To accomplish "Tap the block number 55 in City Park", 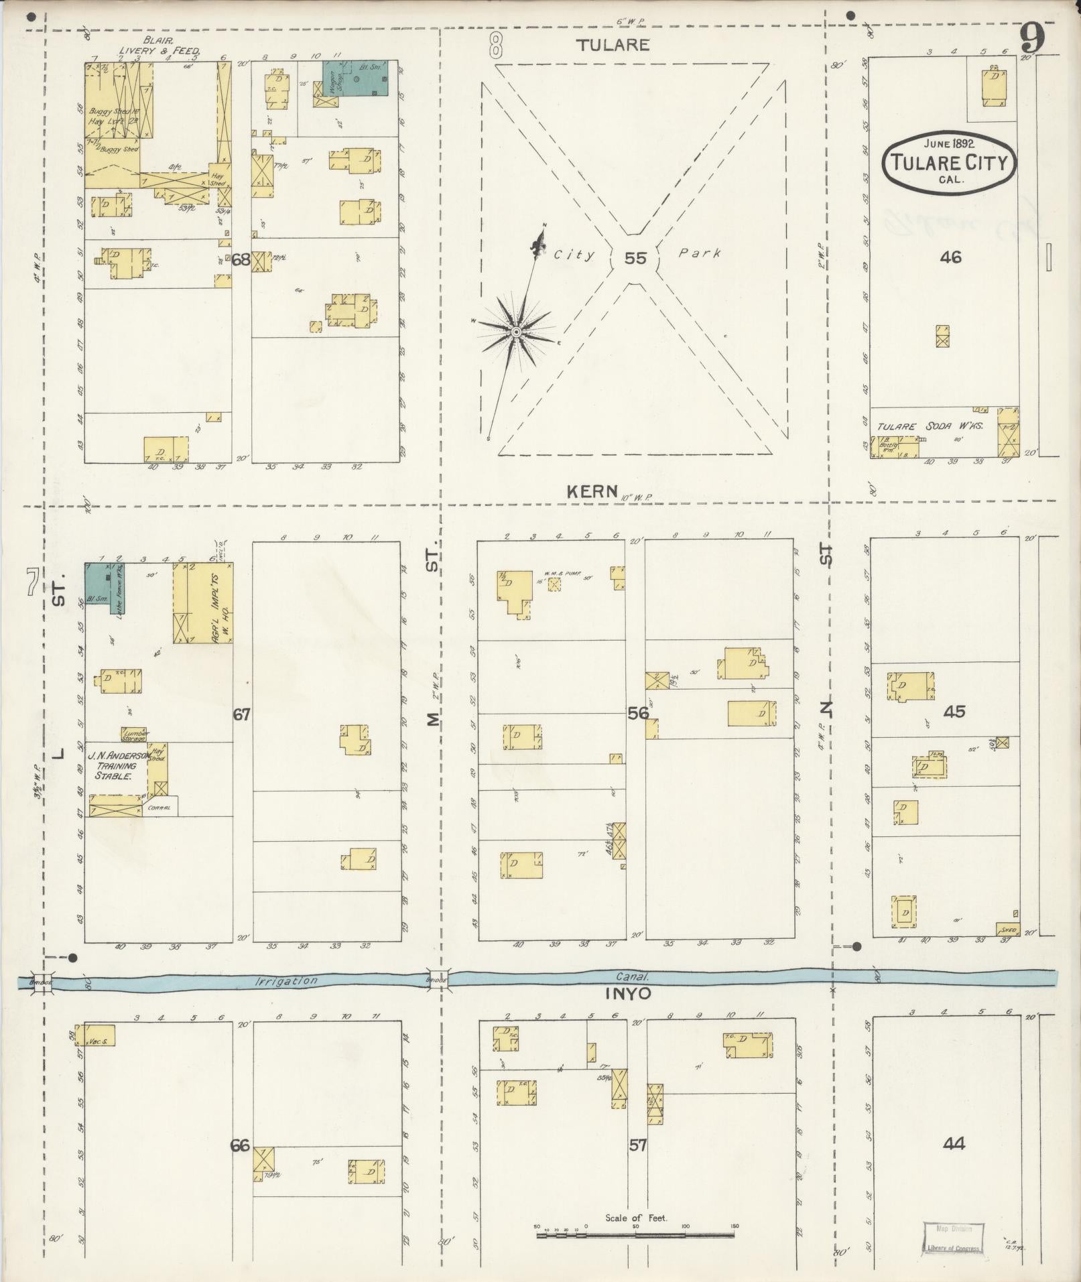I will pos(635,257).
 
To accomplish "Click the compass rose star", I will pos(516,332).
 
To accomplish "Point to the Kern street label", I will pos(592,491).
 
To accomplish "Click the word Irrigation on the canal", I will pos(286,980).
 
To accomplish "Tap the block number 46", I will pos(950,256).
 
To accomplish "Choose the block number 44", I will pos(953,1143).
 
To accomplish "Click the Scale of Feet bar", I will pos(635,1233).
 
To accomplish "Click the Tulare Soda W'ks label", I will pos(931,426).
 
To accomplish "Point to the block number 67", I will pos(241,714).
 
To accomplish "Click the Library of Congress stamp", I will pos(952,1238).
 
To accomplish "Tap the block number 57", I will pos(637,1145).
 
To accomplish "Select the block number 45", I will pos(954,711).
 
